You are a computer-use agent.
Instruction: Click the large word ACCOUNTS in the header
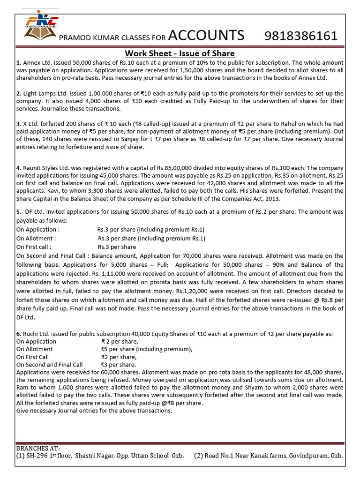tap(206, 35)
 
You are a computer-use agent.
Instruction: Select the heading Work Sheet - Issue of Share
tap(180, 53)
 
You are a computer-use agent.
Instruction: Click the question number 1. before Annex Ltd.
tap(18, 62)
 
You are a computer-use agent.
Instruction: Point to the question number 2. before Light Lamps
tap(18, 94)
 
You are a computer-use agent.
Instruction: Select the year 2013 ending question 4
tap(285, 198)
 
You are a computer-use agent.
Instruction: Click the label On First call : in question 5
tap(34, 247)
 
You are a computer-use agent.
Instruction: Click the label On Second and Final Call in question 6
tap(49, 365)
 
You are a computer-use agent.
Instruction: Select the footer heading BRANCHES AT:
tap(38, 449)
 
